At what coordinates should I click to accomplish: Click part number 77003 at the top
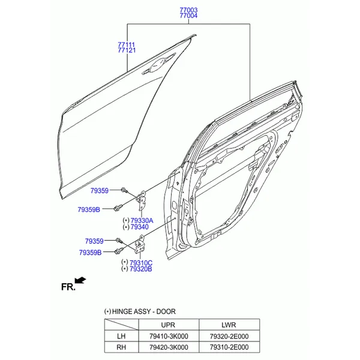(188, 10)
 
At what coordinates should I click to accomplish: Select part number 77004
(188, 16)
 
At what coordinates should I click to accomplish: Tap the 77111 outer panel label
(127, 44)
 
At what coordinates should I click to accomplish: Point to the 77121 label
(127, 50)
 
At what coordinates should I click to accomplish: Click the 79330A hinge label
(142, 221)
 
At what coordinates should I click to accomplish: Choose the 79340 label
(140, 227)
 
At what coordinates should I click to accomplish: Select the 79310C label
(141, 263)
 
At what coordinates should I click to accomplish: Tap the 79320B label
(141, 269)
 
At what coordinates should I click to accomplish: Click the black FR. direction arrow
(80, 280)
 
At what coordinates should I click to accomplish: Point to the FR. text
(68, 287)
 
